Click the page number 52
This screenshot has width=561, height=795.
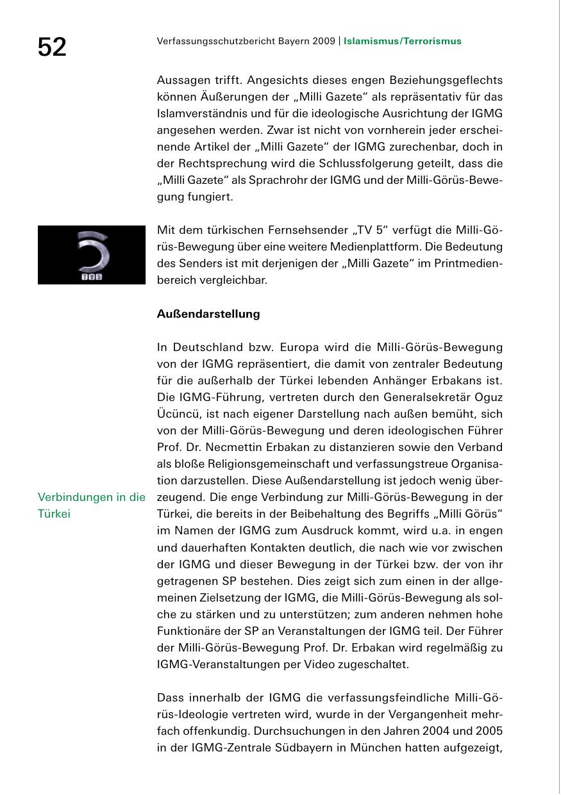pos(52,47)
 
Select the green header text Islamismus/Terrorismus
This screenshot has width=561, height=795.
pos(402,42)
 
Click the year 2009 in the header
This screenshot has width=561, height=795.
pos(323,42)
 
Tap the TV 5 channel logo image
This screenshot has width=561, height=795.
pos(92,255)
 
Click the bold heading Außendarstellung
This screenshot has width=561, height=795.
pos(208,314)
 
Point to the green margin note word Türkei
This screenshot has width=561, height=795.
pos(54,514)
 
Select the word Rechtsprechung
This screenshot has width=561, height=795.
pos(216,163)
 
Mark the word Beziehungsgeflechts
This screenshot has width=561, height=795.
pos(447,80)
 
